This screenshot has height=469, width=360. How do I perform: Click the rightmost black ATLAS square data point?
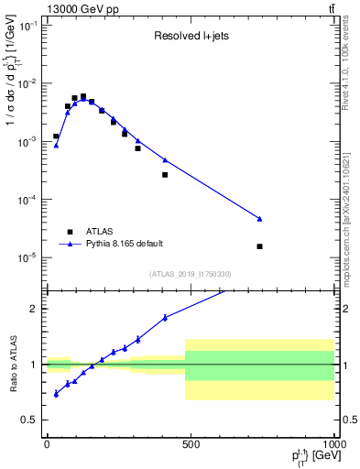pyautogui.click(x=260, y=246)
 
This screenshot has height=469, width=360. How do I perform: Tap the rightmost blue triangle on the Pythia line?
pyautogui.click(x=260, y=219)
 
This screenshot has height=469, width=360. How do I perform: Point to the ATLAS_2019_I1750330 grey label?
pyautogui.click(x=191, y=274)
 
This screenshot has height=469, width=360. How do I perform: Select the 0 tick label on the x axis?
pyautogui.click(x=47, y=443)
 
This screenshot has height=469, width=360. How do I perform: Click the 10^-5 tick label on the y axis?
pyautogui.click(x=27, y=257)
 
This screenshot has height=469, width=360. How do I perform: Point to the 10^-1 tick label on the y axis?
pyautogui.click(x=27, y=26)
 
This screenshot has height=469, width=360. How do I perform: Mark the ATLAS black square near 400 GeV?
pyautogui.click(x=165, y=175)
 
